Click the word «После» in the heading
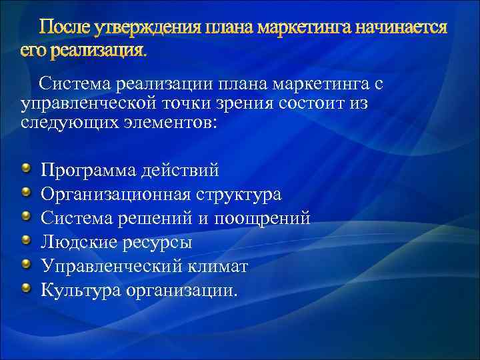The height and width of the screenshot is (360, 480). point(66,28)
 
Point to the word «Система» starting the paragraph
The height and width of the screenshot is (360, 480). point(73,85)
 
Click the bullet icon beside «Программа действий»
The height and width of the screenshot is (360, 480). point(25,169)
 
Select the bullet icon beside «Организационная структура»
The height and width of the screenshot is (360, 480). point(25,193)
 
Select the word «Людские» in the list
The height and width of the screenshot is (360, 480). point(79,243)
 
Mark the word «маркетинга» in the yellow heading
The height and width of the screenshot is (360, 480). point(304,28)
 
